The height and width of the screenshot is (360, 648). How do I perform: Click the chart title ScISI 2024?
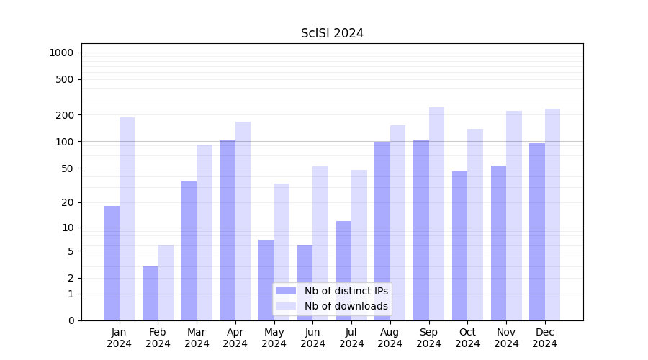point(332,33)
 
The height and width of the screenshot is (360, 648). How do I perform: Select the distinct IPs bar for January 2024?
point(112,263)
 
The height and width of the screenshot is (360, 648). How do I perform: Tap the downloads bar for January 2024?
point(127,219)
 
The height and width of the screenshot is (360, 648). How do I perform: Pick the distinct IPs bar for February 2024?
point(150,293)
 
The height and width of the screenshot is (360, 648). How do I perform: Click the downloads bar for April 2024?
point(243,221)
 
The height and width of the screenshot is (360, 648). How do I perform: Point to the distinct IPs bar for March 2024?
point(189,251)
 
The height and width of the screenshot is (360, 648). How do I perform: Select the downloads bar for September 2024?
point(436,214)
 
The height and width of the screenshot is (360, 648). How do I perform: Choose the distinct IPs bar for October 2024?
point(459,246)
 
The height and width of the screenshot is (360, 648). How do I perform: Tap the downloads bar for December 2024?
point(552,215)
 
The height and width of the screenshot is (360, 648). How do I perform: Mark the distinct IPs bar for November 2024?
point(498,243)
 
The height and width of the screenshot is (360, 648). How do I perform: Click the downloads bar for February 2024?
point(166,282)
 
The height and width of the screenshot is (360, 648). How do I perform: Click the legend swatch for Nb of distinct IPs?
point(287,291)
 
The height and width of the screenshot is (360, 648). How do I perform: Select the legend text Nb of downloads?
point(346,306)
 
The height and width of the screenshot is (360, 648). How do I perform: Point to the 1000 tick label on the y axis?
point(61,53)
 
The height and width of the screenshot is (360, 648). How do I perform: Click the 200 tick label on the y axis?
point(66,115)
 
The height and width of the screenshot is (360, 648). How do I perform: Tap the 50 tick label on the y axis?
point(68,168)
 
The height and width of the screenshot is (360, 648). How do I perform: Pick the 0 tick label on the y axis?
point(71,320)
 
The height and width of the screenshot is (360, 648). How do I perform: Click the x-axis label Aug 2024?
point(390,338)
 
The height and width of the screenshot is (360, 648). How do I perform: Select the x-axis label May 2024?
point(274,338)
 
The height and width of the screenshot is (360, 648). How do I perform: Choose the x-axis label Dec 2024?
point(545,338)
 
